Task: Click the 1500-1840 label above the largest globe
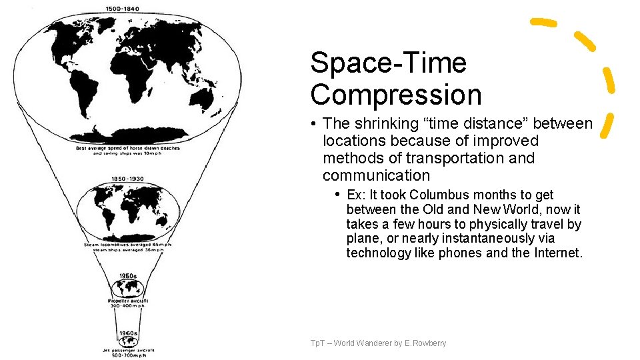[x=127, y=9]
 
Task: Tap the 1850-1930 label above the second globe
[x=127, y=179]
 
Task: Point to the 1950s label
[x=128, y=275]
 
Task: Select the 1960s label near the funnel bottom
[x=128, y=333]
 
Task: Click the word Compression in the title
[x=395, y=95]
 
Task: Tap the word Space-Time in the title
[x=388, y=63]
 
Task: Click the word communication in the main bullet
[x=376, y=175]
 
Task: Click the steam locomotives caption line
[x=127, y=245]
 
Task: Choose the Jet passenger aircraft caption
[x=128, y=350]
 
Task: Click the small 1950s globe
[x=127, y=288]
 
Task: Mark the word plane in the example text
[x=361, y=239]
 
